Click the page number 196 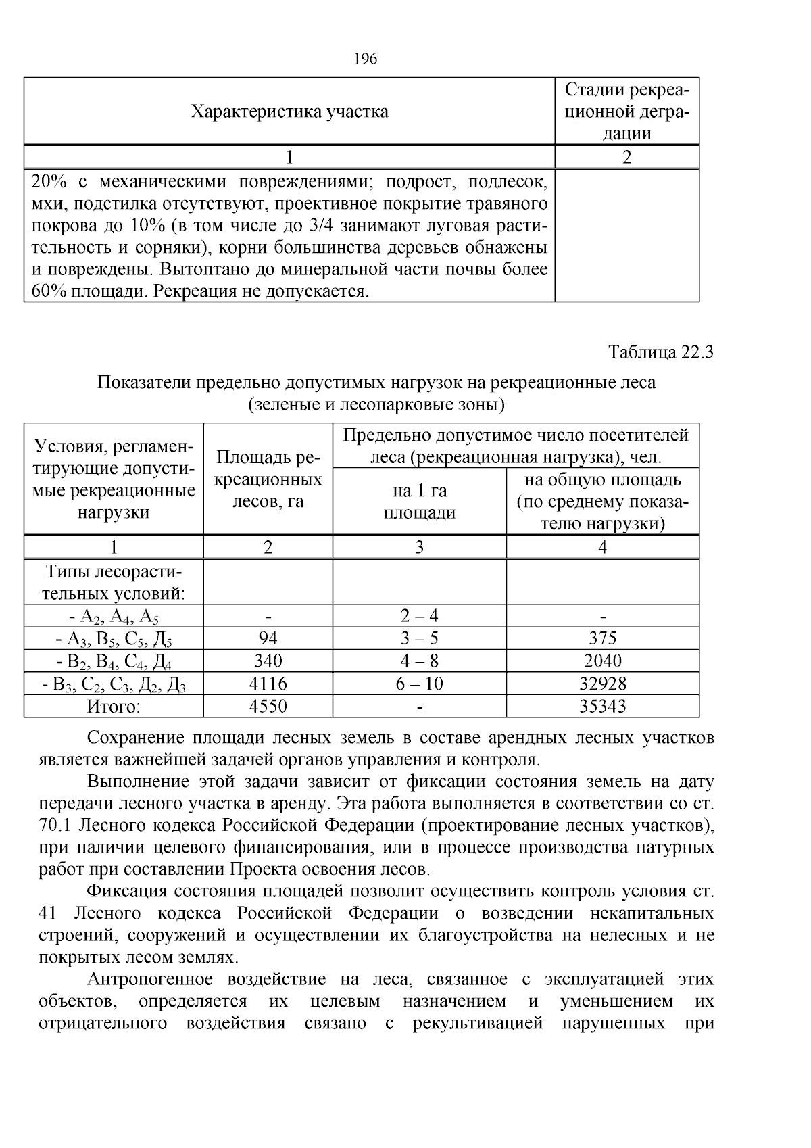point(365,59)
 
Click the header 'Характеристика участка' point(289,112)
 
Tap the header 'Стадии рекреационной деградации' point(626,112)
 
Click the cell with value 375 point(602,638)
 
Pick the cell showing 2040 point(602,661)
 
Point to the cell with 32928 point(602,684)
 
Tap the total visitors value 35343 point(602,707)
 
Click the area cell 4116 point(268,684)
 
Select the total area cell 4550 point(268,707)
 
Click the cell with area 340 point(268,661)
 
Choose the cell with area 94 point(268,638)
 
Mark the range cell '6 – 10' point(419,684)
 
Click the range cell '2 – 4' point(419,616)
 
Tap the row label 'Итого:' point(114,707)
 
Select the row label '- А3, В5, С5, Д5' point(114,639)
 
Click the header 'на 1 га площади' point(419,502)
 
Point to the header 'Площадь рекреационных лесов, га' point(268,479)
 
